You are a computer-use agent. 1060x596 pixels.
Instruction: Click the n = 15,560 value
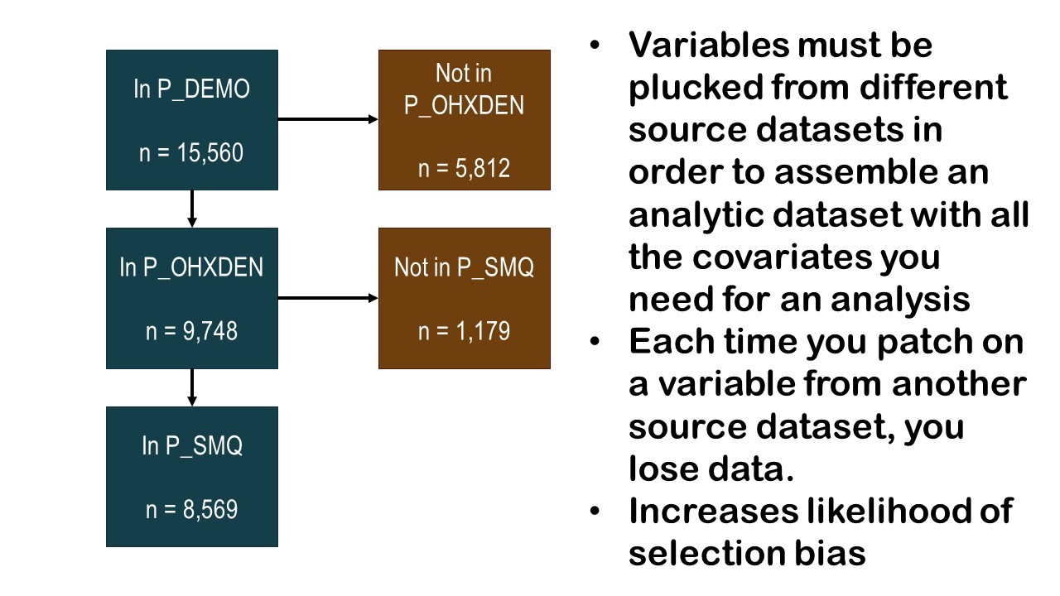click(x=191, y=153)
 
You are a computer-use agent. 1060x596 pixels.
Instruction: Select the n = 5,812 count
click(x=464, y=168)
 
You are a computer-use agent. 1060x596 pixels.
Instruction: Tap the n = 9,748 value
click(x=191, y=331)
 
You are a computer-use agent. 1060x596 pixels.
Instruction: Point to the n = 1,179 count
click(x=464, y=331)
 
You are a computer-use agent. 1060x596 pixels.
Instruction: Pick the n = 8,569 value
click(x=191, y=509)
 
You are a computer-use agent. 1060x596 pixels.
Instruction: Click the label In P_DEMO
click(x=191, y=89)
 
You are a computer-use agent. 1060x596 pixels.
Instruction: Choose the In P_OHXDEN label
click(x=191, y=267)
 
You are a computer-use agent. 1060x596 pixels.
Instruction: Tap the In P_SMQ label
click(x=191, y=446)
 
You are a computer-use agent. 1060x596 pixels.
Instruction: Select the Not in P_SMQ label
click(x=464, y=267)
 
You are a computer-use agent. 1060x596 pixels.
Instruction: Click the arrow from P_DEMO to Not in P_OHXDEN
click(x=327, y=119)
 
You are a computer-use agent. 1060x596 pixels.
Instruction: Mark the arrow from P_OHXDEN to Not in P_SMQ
click(x=327, y=297)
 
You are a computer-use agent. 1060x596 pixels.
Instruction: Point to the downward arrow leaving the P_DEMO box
click(x=192, y=209)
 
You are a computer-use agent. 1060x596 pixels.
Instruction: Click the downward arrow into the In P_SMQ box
click(x=192, y=387)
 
